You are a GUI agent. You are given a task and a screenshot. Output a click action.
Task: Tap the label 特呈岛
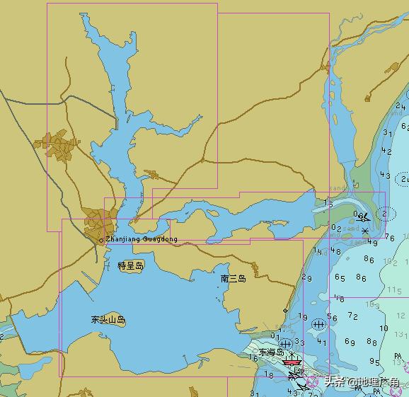(131, 266)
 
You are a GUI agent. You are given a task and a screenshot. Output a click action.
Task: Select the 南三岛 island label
(234, 279)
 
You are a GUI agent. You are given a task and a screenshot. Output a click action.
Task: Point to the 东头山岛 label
(108, 320)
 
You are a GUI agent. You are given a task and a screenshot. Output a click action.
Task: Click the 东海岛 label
(270, 352)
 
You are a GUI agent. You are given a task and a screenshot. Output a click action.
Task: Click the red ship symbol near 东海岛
(291, 362)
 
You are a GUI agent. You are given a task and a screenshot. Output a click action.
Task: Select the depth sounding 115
(393, 291)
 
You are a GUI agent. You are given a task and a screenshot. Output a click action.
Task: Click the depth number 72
(353, 315)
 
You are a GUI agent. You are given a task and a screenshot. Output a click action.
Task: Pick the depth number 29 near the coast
(306, 277)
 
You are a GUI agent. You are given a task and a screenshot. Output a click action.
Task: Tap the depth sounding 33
(300, 343)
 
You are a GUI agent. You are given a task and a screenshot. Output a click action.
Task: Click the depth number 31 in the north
(387, 132)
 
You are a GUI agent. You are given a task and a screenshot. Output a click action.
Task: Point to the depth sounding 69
(350, 342)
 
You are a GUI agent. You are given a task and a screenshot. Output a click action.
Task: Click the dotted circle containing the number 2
(385, 212)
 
